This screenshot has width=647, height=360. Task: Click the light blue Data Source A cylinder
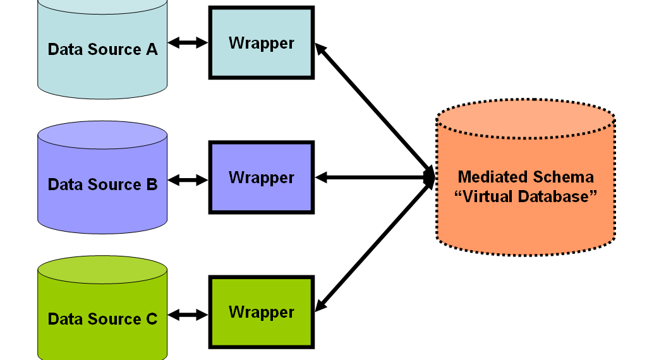coord(102,69)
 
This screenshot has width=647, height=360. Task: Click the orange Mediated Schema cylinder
coord(526,221)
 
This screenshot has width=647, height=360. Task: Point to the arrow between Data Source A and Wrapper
coord(188,43)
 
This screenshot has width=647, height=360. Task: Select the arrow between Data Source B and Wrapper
coord(188,180)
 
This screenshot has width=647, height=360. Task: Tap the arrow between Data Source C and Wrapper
coord(188,314)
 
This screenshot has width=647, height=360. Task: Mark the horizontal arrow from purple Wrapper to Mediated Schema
coord(373,178)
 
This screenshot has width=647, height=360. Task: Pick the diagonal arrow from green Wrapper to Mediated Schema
coord(373,246)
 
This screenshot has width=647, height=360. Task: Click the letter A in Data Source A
coord(152,49)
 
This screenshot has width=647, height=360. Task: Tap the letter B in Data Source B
coord(152,184)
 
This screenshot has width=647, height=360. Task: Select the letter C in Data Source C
coord(152,319)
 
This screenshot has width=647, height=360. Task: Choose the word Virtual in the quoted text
coord(490,196)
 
